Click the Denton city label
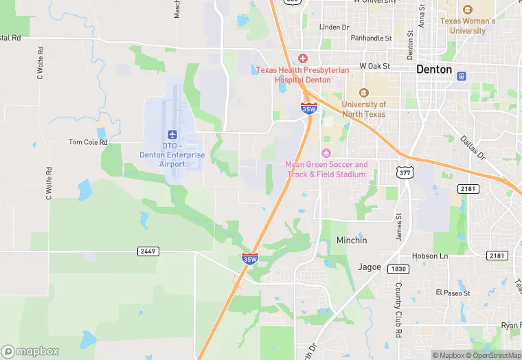click(x=434, y=69)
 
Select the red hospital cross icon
click(x=302, y=59)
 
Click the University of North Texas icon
click(x=363, y=93)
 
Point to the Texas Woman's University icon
click(x=468, y=10)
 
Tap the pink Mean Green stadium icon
click(x=326, y=153)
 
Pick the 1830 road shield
click(x=397, y=269)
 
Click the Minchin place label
click(x=352, y=240)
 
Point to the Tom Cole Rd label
click(x=89, y=142)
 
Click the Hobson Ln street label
click(x=429, y=256)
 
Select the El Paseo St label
click(x=453, y=293)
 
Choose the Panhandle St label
click(x=370, y=38)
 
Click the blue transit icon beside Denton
click(x=462, y=75)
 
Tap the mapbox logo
click(x=30, y=351)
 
